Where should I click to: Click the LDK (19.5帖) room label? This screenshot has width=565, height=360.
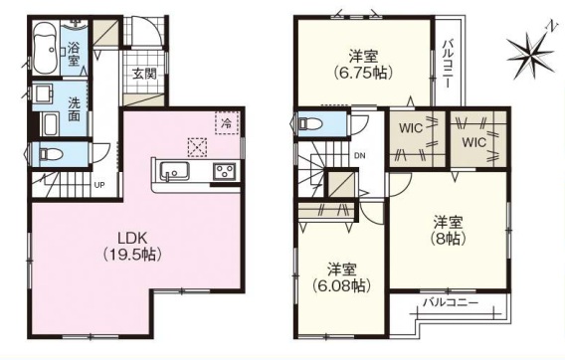click(x=132, y=247)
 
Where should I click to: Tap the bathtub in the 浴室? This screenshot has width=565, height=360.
click(x=46, y=48)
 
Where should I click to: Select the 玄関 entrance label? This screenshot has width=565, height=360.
click(x=144, y=75)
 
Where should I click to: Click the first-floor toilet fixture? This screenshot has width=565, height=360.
click(x=51, y=154)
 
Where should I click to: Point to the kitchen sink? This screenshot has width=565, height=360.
click(x=175, y=171)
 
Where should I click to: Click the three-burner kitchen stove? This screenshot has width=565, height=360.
click(x=225, y=171)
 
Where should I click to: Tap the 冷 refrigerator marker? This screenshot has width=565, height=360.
click(x=227, y=123)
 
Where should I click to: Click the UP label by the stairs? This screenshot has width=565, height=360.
click(x=99, y=185)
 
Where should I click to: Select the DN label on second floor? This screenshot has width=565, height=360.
click(x=360, y=156)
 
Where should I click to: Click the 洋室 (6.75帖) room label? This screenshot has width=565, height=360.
click(x=363, y=65)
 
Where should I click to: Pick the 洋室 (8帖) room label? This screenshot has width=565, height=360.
click(x=448, y=231)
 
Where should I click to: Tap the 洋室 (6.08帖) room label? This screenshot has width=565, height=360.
click(x=341, y=277)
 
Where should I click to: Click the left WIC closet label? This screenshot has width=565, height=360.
click(x=411, y=128)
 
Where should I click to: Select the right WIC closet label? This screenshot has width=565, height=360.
click(x=474, y=142)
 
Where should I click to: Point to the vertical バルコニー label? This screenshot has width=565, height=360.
click(x=449, y=64)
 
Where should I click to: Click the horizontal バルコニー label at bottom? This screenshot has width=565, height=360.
click(x=451, y=302)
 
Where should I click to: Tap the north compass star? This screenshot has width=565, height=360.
click(x=531, y=55)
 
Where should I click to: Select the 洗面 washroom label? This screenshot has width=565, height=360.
click(x=75, y=109)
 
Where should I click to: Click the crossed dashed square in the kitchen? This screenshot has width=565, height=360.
click(x=197, y=148)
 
